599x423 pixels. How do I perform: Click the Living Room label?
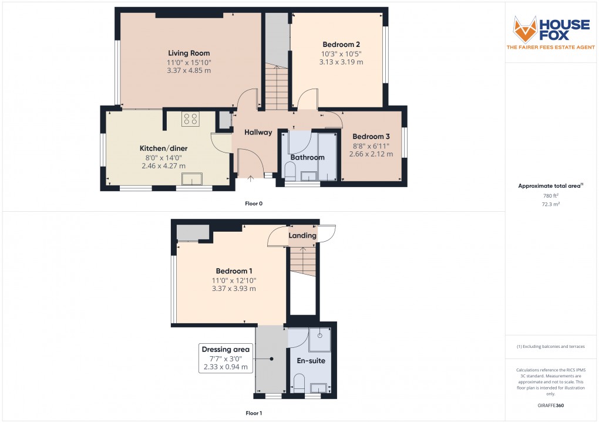click(x=189, y=53)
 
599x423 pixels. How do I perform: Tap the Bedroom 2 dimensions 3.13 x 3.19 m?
click(x=341, y=62)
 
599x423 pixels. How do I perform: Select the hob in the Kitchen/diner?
click(x=191, y=119)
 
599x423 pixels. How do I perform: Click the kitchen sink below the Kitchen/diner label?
click(x=191, y=178)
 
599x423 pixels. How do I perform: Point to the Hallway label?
click(x=258, y=133)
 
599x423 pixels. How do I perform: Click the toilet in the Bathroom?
click(x=290, y=171)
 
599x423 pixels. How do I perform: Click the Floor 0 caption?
click(x=254, y=204)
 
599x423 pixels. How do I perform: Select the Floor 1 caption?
click(x=254, y=413)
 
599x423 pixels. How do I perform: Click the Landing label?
click(x=302, y=236)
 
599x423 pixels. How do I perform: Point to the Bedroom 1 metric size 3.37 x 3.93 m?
click(x=234, y=288)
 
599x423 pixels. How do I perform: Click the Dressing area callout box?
click(x=226, y=358)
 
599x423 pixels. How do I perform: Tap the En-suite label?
click(x=311, y=361)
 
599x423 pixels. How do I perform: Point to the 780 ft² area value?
click(x=550, y=196)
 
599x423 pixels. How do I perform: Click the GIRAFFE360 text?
click(x=550, y=405)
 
